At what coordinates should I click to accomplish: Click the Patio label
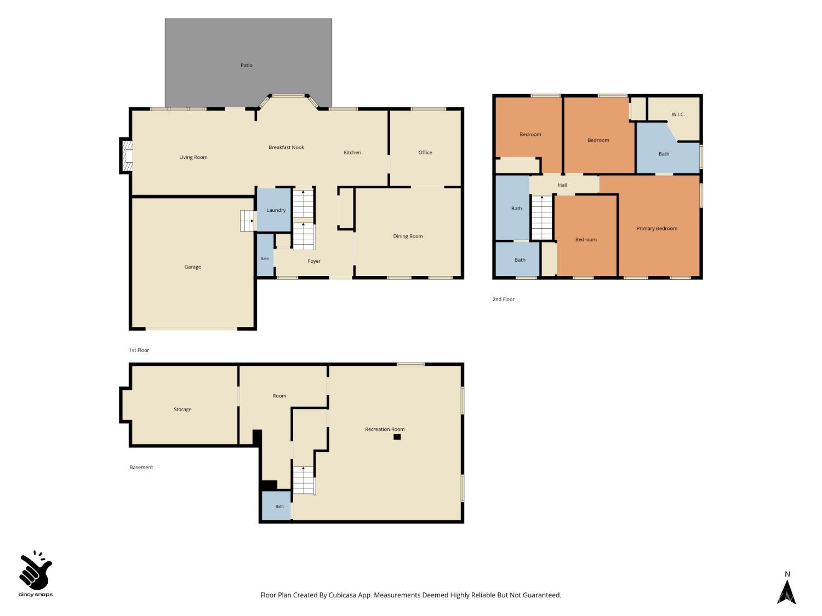(246, 65)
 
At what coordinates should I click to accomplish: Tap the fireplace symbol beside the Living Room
(128, 156)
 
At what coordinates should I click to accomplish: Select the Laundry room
(274, 210)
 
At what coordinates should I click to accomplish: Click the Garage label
(192, 267)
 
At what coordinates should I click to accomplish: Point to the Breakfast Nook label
(286, 147)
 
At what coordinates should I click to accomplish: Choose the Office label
(425, 152)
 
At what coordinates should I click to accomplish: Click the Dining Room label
(408, 236)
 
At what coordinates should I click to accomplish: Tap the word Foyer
(314, 261)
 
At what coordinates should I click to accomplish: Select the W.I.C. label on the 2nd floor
(678, 114)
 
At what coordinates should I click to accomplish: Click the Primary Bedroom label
(657, 228)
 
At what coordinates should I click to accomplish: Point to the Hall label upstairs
(562, 185)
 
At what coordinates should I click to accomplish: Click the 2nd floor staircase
(542, 218)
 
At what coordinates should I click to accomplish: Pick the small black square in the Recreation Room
(397, 437)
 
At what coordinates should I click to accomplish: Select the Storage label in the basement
(182, 410)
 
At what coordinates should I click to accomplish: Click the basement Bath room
(276, 505)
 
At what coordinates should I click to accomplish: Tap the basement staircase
(304, 480)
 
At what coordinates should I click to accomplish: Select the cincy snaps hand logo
(36, 571)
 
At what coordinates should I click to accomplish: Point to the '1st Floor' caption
(139, 350)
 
